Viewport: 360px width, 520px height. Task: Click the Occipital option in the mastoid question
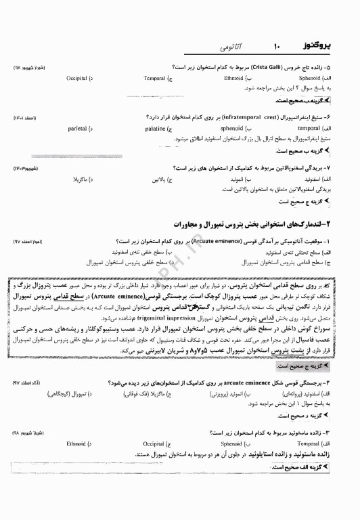click(x=154, y=443)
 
